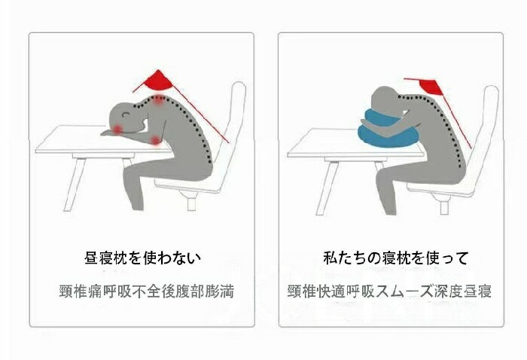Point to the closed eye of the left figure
click(x=126, y=114)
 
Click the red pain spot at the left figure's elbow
click(x=155, y=140)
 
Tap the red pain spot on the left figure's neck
click(x=158, y=100)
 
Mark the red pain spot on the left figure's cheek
click(x=117, y=129)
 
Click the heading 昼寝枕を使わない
click(x=142, y=258)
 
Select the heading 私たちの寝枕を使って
click(x=395, y=258)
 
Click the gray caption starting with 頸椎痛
click(x=147, y=291)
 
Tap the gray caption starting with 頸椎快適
click(x=389, y=291)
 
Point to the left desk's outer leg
click(x=75, y=185)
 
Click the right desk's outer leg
click(x=327, y=188)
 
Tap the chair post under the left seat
click(x=191, y=203)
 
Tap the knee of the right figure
click(x=382, y=176)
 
